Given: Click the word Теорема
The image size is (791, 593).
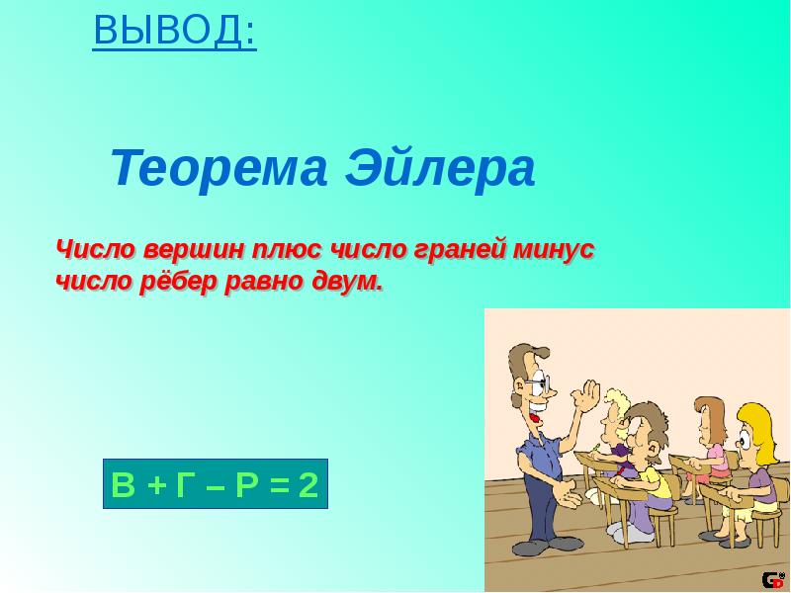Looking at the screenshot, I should click(x=218, y=169).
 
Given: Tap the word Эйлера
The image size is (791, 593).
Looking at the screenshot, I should click(x=440, y=169).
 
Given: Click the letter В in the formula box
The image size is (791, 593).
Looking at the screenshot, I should click(x=123, y=485).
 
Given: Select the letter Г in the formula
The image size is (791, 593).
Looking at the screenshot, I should click(x=186, y=485).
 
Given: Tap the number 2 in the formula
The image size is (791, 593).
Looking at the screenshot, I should click(x=308, y=485).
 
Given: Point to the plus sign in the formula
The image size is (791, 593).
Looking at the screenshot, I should click(x=155, y=485).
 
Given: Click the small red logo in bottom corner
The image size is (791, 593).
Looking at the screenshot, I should click(x=771, y=581).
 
